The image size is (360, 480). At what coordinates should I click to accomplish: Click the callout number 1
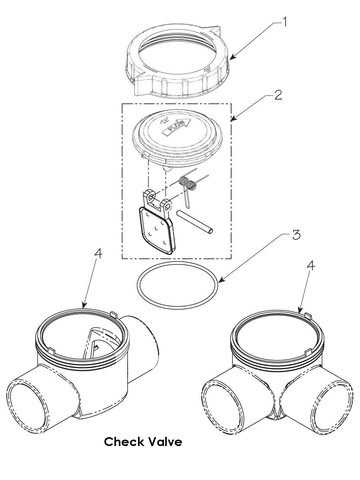click(x=284, y=22)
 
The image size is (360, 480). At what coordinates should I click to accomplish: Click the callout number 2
click(x=278, y=95)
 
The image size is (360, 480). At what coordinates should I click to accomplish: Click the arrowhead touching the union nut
click(x=233, y=57)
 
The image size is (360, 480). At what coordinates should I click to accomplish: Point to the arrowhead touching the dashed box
click(x=234, y=118)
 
